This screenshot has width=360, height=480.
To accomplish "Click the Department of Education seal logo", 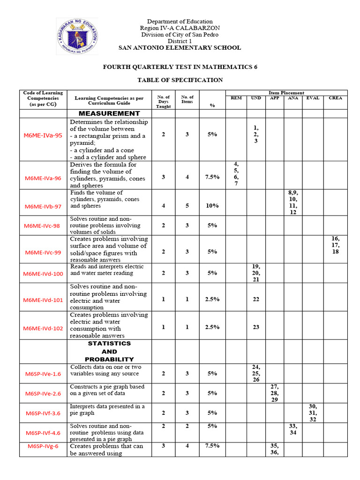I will (x=77, y=36).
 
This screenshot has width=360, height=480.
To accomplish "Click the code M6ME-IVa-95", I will (x=43, y=135).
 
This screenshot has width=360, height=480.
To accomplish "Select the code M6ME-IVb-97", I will (x=43, y=207).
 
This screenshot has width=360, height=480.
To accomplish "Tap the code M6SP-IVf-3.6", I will (x=43, y=414).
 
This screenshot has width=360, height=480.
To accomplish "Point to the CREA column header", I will (x=336, y=98).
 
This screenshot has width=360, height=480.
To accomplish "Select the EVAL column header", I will (x=313, y=98).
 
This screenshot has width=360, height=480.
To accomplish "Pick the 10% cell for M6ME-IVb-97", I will (x=212, y=205).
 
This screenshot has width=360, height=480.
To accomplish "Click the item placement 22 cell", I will (x=256, y=299).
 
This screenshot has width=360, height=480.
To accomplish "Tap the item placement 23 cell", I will (x=256, y=327).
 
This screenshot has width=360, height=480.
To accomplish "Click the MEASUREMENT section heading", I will (x=109, y=113).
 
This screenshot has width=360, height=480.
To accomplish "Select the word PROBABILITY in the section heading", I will (x=109, y=360).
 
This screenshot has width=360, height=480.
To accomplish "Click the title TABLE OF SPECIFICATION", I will (x=180, y=80).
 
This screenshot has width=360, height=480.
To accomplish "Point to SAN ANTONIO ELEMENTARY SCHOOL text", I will (x=180, y=48).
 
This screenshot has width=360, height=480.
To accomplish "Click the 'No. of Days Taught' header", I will (x=164, y=102).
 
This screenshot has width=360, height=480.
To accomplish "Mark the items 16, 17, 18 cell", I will (x=336, y=245).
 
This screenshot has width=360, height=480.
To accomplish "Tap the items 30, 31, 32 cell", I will (x=313, y=413).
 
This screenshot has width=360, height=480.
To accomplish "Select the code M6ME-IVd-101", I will (x=43, y=300).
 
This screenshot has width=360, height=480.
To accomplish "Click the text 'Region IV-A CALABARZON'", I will (x=180, y=28).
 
